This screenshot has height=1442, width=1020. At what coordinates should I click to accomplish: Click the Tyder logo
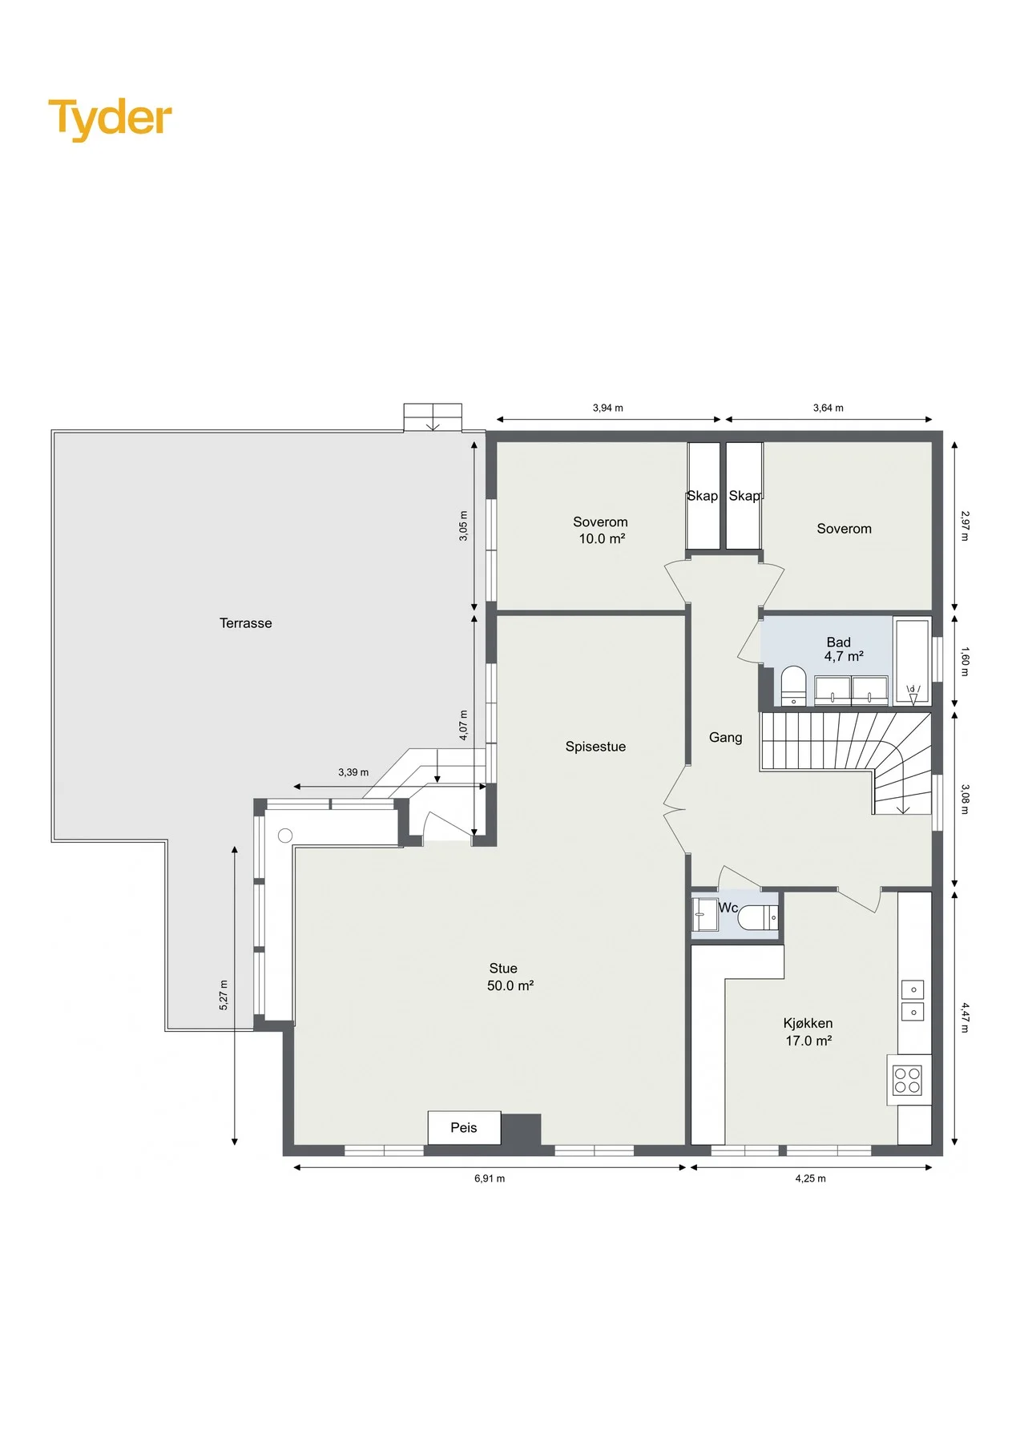(x=110, y=119)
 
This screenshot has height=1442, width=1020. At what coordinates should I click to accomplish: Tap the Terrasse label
(x=246, y=623)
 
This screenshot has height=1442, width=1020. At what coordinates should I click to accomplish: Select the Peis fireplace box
(x=464, y=1128)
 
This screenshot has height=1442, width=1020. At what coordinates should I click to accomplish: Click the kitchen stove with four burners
(x=908, y=1080)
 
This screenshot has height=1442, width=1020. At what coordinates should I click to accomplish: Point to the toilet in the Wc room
(x=757, y=917)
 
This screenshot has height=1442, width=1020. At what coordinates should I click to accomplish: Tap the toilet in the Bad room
(x=793, y=686)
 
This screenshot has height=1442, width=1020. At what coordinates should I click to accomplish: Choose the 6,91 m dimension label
(x=490, y=1178)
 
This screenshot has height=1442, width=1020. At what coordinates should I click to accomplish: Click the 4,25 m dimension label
(x=810, y=1178)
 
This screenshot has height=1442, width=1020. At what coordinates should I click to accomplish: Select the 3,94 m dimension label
(x=607, y=408)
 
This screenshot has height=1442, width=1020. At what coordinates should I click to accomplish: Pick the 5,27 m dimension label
(x=224, y=995)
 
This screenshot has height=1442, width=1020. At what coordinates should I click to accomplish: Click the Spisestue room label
(x=595, y=747)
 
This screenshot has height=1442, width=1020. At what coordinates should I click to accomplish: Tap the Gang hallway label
(x=726, y=738)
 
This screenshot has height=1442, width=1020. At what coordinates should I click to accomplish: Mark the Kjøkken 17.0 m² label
(x=808, y=1032)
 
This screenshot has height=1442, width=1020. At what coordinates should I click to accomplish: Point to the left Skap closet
(x=704, y=496)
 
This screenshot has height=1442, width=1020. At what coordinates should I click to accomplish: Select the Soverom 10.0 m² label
(x=601, y=530)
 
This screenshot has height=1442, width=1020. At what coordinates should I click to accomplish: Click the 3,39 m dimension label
(x=353, y=772)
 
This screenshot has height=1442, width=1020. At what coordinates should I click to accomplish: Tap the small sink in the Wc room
(x=706, y=915)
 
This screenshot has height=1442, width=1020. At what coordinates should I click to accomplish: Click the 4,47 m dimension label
(x=965, y=1017)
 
